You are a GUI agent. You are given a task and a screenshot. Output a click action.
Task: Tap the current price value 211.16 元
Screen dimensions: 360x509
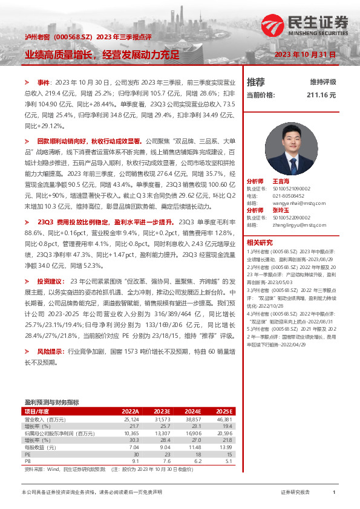point(321,95)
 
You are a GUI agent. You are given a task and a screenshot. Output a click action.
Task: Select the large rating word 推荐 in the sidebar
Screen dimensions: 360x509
point(256,82)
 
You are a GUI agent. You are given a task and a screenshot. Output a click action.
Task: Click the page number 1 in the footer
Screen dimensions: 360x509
point(334,493)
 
